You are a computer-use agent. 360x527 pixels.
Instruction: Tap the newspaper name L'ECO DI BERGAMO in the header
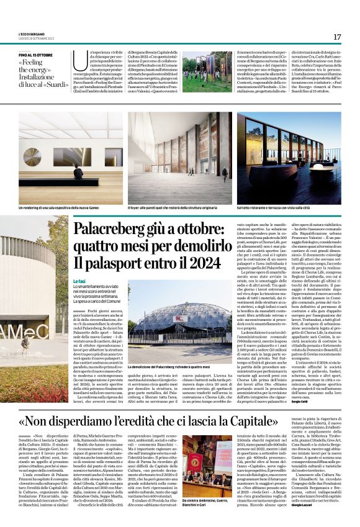point(33,34)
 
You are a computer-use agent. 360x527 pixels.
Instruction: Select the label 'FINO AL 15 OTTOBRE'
point(35,55)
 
